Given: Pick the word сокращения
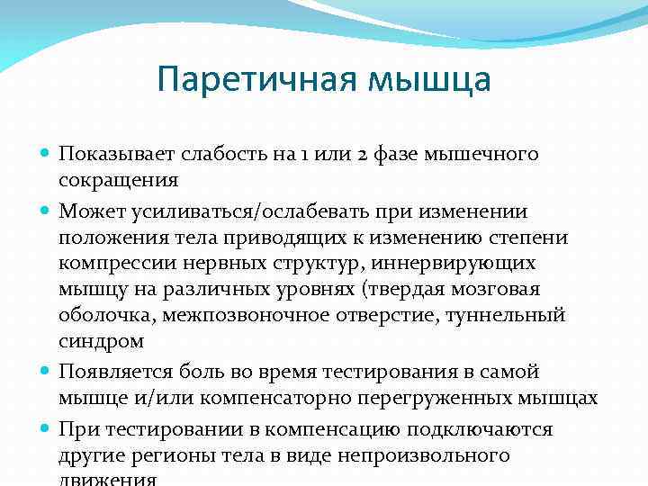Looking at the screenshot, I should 118,179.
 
